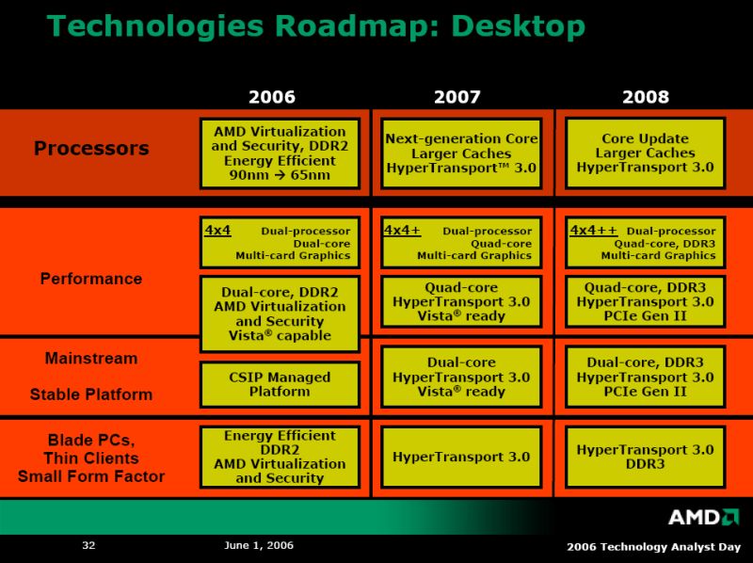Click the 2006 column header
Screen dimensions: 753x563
272,97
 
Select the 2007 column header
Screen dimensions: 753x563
457,97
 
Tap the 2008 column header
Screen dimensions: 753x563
646,97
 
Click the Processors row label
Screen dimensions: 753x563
91,148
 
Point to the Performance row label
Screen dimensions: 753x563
91,279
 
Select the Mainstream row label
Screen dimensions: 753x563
91,359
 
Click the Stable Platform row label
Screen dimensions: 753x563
91,394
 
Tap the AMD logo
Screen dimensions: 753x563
703,517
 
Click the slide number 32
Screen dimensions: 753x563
88,545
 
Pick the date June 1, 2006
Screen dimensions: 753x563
259,545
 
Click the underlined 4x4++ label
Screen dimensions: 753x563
594,230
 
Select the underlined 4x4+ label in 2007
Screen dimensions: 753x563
402,230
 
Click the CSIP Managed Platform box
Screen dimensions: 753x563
280,385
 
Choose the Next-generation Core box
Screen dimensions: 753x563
461,153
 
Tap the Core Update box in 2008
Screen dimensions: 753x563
646,153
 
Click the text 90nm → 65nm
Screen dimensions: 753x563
280,175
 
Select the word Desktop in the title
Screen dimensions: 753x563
519,26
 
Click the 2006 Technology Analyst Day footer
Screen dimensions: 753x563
653,547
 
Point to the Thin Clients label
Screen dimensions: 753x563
91,458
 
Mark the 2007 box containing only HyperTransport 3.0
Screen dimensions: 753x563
461,457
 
